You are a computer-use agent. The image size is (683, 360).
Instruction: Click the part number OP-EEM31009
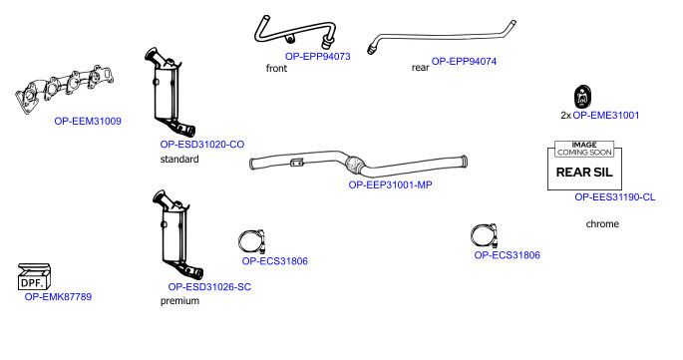pos(88,121)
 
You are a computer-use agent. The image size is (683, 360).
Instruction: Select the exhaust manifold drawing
pos(65,89)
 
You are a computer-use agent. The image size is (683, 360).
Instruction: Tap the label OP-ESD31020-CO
pos(202,145)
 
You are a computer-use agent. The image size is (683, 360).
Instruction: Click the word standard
pos(179,160)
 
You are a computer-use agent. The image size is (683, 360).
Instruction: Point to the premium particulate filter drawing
pos(177,234)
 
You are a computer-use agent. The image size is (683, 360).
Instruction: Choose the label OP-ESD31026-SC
pos(209,287)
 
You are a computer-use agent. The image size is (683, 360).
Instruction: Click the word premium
pos(179,301)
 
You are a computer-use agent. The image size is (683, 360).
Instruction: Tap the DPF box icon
pos(34,277)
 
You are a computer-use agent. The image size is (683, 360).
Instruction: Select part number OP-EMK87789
pos(58,297)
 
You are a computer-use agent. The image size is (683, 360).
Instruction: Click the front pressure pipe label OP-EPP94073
pos(317,56)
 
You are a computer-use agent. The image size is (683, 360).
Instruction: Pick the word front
pos(276,69)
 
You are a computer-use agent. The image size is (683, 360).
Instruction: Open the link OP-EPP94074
pos(464,62)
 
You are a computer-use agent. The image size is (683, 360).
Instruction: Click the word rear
pos(421,68)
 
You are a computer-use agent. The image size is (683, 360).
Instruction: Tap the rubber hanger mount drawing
pos(582,97)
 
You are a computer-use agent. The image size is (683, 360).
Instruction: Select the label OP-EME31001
pos(606,115)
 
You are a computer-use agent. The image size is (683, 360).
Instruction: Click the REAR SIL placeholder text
pos(584,173)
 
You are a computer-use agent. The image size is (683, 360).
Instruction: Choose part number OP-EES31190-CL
pos(615,197)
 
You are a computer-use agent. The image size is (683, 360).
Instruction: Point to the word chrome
pos(602,224)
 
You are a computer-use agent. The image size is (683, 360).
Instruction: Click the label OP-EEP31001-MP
pos(390,184)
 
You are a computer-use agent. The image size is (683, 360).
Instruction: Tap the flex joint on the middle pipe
pos(356,163)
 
